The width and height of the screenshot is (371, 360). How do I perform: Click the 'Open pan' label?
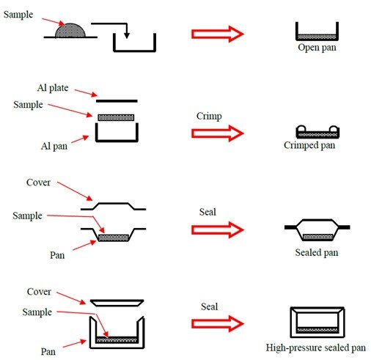pyautogui.click(x=316, y=48)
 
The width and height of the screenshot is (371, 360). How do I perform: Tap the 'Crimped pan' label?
pyautogui.click(x=309, y=145)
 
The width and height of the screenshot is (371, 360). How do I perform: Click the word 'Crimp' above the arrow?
pyautogui.click(x=209, y=116)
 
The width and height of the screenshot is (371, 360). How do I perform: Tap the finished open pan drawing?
pyautogui.click(x=316, y=32)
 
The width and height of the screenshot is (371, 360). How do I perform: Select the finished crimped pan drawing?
pyautogui.click(x=316, y=132)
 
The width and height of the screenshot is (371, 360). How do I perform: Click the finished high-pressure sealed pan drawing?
pyautogui.click(x=317, y=322)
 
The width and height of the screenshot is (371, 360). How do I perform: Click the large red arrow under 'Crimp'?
pyautogui.click(x=216, y=133)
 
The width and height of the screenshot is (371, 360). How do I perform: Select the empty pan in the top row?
pyautogui.click(x=135, y=43)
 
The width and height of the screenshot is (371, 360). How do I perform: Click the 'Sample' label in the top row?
pyautogui.click(x=18, y=14)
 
